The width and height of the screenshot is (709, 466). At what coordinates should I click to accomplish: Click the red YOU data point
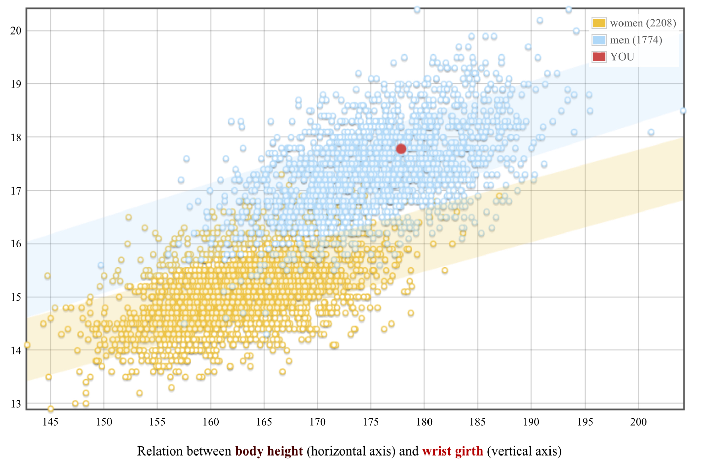(401, 149)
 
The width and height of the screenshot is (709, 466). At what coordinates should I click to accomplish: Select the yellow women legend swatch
(599, 23)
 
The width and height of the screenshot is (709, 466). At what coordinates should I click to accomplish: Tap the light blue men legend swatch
(599, 40)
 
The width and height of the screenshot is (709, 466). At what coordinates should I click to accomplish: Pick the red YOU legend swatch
(599, 57)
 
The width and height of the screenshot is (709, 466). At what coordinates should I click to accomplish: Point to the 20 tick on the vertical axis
(16, 31)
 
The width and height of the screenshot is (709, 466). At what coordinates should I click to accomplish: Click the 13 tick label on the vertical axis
(16, 404)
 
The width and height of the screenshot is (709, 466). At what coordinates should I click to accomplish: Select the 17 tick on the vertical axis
(16, 191)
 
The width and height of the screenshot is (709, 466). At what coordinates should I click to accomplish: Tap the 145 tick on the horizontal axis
(50, 422)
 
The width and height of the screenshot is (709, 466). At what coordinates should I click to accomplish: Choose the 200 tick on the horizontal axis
(638, 422)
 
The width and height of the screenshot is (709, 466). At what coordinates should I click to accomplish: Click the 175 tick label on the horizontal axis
(371, 422)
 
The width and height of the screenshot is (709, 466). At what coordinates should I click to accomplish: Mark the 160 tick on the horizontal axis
(211, 422)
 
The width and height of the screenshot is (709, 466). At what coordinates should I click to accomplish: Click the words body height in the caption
(269, 451)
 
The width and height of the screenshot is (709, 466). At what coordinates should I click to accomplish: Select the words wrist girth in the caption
(453, 451)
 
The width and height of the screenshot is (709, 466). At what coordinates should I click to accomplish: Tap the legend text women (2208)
(643, 23)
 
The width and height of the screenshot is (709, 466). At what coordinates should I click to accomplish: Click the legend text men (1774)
(636, 40)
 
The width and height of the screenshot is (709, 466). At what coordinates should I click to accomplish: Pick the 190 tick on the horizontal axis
(531, 422)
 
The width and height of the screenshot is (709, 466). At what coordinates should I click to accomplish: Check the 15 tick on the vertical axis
(16, 297)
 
